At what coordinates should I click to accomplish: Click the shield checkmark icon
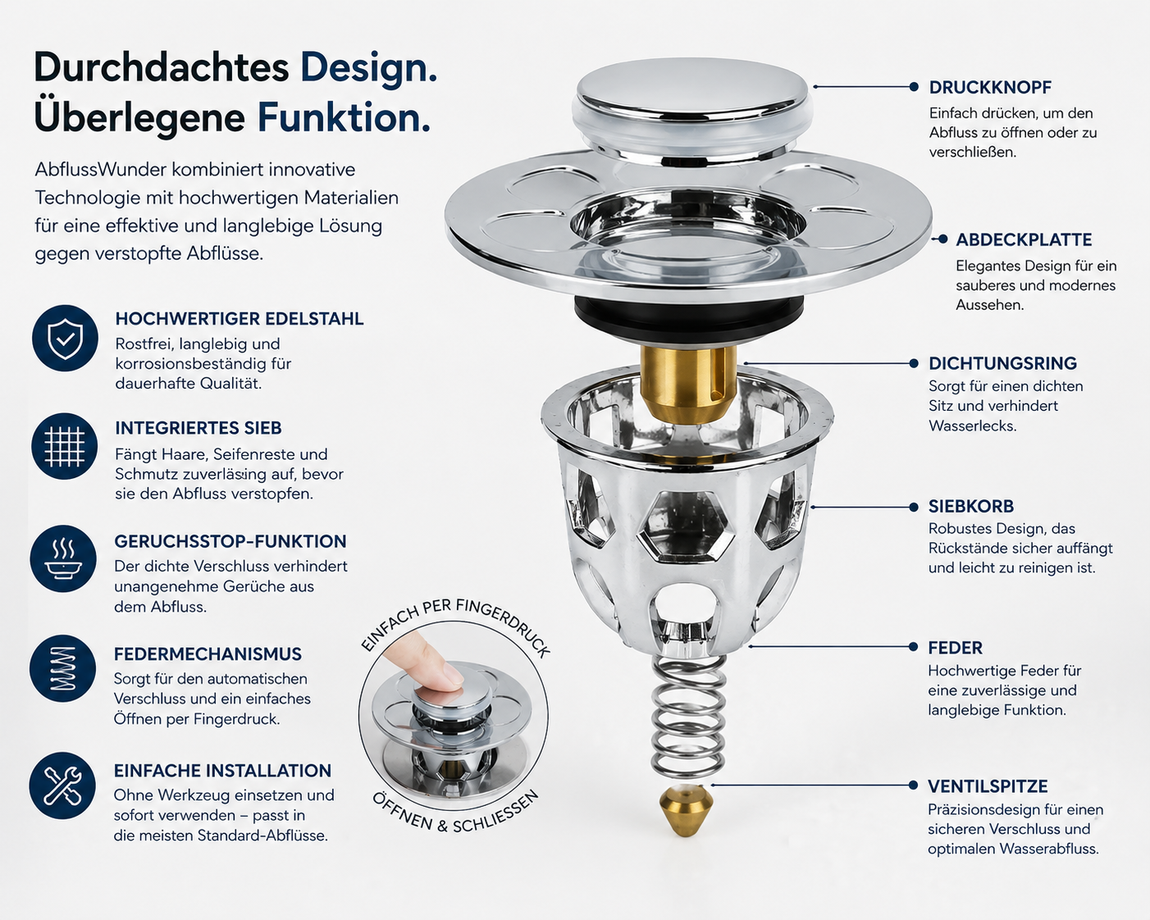tap(65, 338)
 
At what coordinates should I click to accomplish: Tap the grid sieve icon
tap(65, 446)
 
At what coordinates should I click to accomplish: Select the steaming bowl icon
tap(64, 558)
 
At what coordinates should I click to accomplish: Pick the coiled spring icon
tap(63, 668)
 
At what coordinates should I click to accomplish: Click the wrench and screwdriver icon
tap(62, 786)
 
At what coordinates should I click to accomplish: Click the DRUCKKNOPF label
tap(990, 88)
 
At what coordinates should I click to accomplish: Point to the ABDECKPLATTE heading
tap(1024, 240)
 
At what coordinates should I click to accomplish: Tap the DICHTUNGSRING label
tap(1002, 363)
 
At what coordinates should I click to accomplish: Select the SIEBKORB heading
tap(971, 507)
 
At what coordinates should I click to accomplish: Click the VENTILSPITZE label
tap(988, 786)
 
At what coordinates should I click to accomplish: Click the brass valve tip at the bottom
tap(687, 810)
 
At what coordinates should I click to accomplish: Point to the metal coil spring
tap(688, 717)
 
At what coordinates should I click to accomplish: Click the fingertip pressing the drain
tap(427, 663)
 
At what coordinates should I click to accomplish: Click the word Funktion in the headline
tap(345, 118)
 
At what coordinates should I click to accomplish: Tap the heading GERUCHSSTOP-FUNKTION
tap(230, 541)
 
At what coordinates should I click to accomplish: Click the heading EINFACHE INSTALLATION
tap(222, 771)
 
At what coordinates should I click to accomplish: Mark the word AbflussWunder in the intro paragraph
tap(100, 170)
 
